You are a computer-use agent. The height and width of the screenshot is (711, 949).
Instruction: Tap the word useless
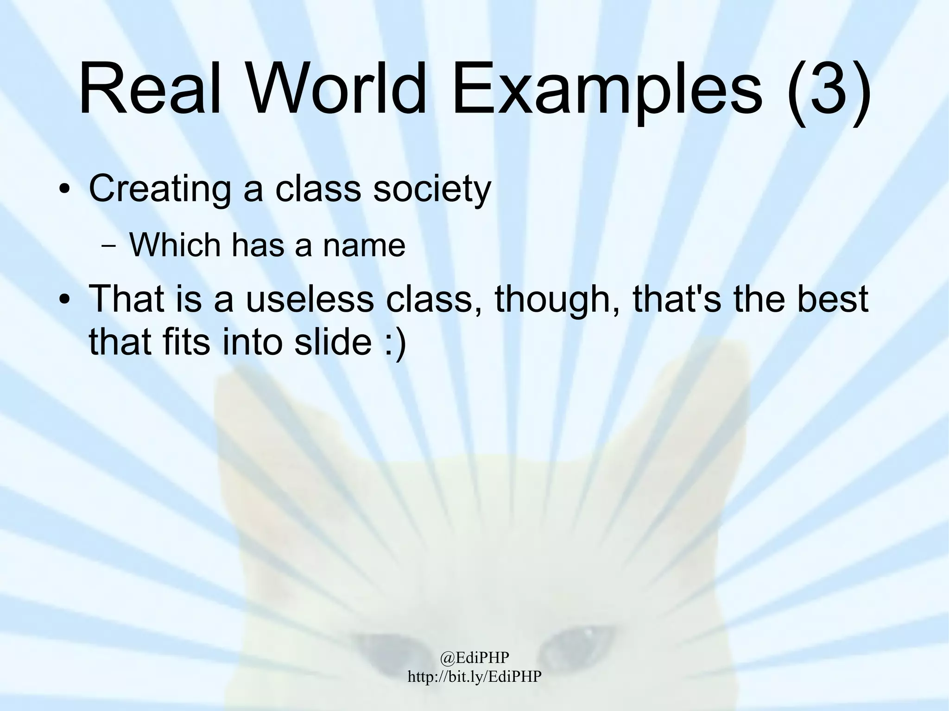310,299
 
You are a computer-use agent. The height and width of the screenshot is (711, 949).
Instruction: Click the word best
834,299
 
